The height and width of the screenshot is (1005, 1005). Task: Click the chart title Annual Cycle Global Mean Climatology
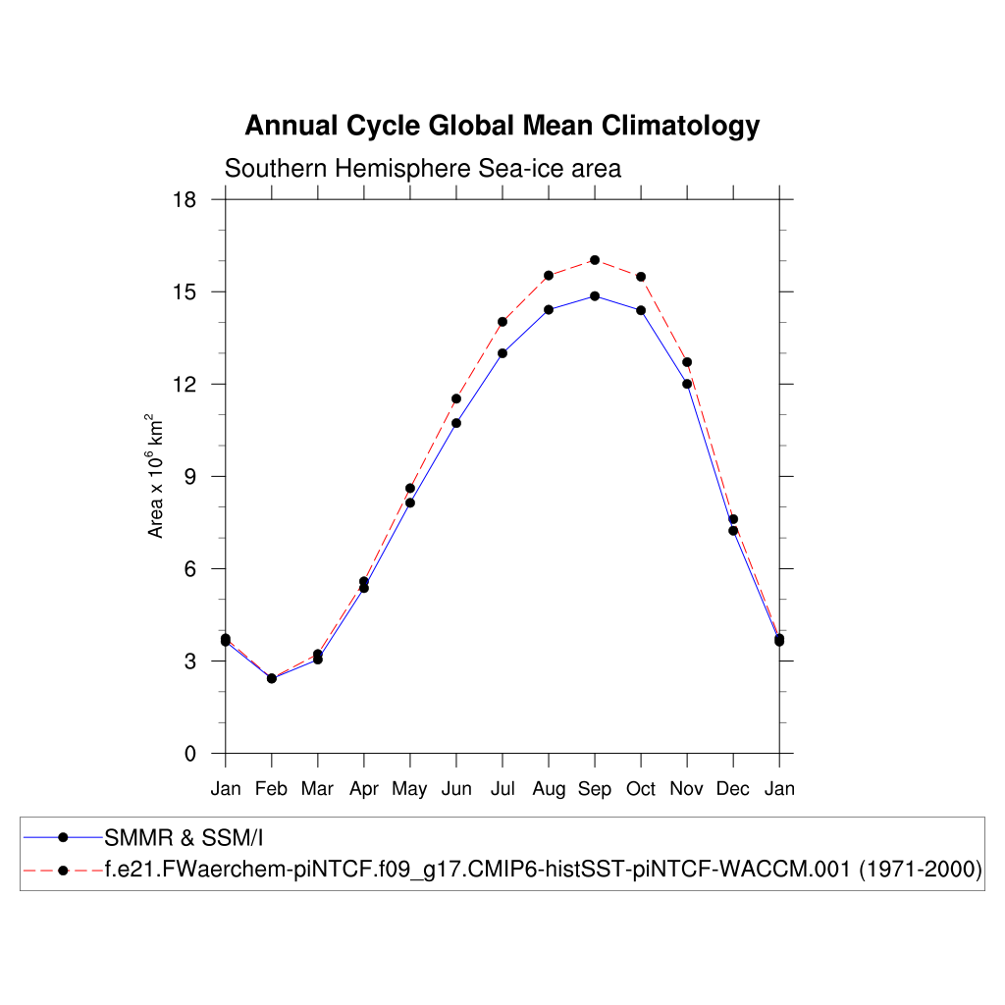(x=502, y=126)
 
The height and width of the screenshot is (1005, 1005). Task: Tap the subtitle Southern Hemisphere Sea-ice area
(x=423, y=169)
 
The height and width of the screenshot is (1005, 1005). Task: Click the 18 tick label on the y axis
(x=185, y=199)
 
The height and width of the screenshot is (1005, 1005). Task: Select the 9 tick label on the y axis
(x=190, y=477)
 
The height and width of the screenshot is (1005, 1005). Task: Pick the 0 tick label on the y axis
(x=190, y=754)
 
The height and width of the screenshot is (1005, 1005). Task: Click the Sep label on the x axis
(x=595, y=789)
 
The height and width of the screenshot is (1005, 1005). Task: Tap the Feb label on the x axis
(x=272, y=789)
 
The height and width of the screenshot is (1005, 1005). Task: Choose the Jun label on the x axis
(x=456, y=789)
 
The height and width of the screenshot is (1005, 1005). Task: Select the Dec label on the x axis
(x=733, y=789)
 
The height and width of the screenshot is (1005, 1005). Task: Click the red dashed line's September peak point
(x=595, y=260)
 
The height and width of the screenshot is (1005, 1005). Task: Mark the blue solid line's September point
(x=595, y=295)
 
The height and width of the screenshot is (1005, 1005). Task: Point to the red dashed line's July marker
(x=502, y=322)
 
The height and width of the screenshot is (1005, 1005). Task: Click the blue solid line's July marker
(x=502, y=353)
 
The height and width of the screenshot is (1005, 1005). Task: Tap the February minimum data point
(x=272, y=678)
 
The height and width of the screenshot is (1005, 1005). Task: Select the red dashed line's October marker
(x=641, y=277)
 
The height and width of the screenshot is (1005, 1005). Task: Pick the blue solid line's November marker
(x=687, y=384)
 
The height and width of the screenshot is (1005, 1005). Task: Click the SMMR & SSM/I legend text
(x=185, y=837)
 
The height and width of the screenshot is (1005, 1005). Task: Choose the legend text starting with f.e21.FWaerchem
(x=544, y=870)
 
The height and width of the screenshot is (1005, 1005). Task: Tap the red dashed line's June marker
(x=456, y=398)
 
